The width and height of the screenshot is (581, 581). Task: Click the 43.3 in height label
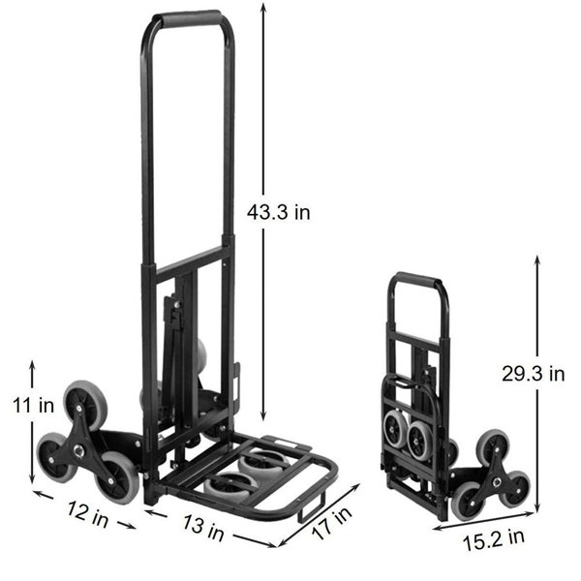[x=278, y=213]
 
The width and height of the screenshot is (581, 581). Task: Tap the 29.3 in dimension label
[x=534, y=374]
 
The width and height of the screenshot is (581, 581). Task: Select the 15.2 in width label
[x=494, y=540]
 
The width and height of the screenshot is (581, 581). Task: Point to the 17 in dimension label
[x=331, y=524]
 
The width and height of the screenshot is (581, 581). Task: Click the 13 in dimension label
[x=203, y=528]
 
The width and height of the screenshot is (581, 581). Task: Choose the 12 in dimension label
[x=88, y=514]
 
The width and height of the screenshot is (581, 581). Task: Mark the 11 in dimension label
[x=33, y=405]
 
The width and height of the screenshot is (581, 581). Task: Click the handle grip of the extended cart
[x=188, y=19]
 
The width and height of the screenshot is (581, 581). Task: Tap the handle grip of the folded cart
[x=415, y=280]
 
